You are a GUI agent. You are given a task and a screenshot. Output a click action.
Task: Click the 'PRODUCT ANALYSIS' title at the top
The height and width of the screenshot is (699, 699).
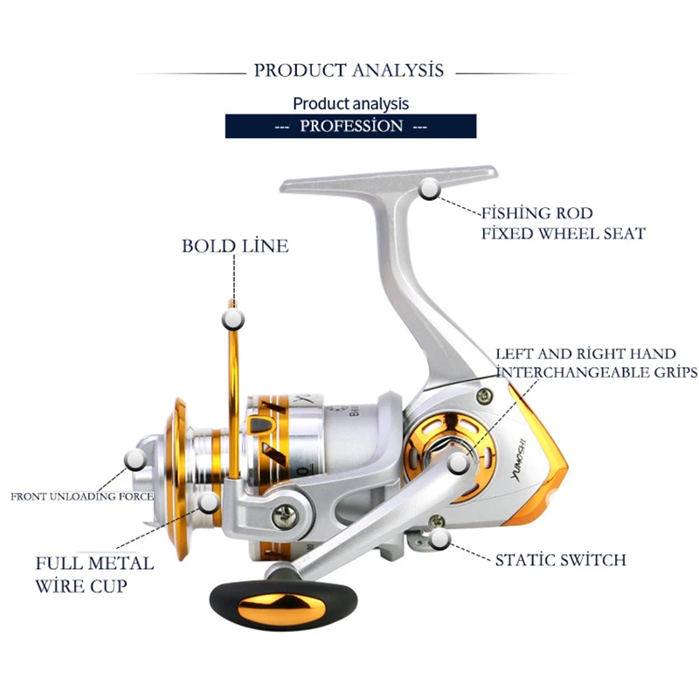pyautogui.click(x=349, y=71)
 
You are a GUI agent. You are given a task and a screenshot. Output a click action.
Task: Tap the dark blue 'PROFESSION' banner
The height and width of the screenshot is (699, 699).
pyautogui.click(x=350, y=126)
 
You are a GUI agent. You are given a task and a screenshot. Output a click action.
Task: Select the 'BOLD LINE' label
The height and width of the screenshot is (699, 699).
pyautogui.click(x=235, y=246)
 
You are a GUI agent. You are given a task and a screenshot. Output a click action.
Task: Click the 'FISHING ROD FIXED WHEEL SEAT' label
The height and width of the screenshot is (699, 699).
pyautogui.click(x=563, y=223)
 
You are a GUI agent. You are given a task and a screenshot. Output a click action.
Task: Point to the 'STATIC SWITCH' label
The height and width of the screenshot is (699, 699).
pyautogui.click(x=560, y=559)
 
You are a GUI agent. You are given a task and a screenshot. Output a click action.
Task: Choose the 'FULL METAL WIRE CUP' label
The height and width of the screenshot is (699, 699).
pyautogui.click(x=94, y=574)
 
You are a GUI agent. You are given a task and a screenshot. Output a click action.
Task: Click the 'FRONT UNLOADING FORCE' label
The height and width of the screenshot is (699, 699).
pyautogui.click(x=82, y=496)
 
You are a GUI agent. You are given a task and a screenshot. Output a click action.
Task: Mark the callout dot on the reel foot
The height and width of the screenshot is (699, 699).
pyautogui.click(x=429, y=190)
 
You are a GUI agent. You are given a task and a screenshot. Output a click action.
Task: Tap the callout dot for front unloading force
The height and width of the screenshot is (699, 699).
pyautogui.click(x=135, y=458)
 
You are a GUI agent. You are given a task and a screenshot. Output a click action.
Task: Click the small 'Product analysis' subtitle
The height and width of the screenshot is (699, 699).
pyautogui.click(x=350, y=103)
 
